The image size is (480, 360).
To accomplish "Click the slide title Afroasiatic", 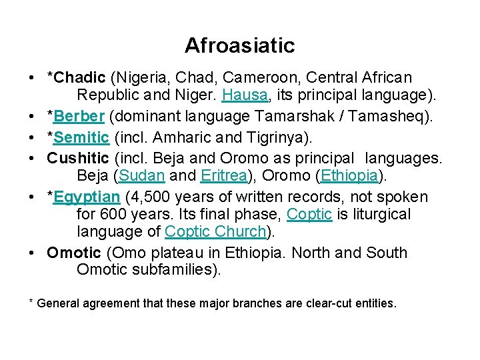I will click(239, 45).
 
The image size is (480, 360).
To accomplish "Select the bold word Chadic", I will click(80, 78).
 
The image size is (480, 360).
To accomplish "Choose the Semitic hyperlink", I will click(82, 139).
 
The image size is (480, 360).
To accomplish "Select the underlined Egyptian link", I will click(87, 198).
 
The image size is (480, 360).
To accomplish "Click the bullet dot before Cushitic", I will click(33, 160).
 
